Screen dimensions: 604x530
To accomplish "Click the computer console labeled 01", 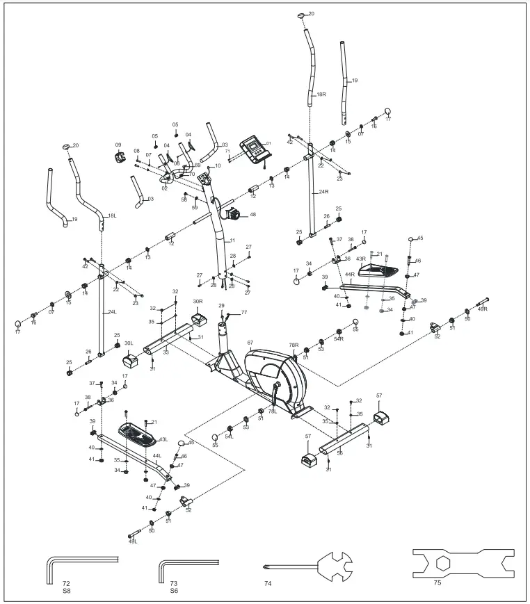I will coord(255,149).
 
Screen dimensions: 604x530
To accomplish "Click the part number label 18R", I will coord(321,94).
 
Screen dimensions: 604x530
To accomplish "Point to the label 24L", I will coord(111,312).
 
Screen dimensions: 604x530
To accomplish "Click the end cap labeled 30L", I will coord(131,360).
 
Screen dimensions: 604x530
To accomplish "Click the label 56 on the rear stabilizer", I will coord(339,452).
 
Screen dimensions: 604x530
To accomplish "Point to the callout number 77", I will coord(243,313).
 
